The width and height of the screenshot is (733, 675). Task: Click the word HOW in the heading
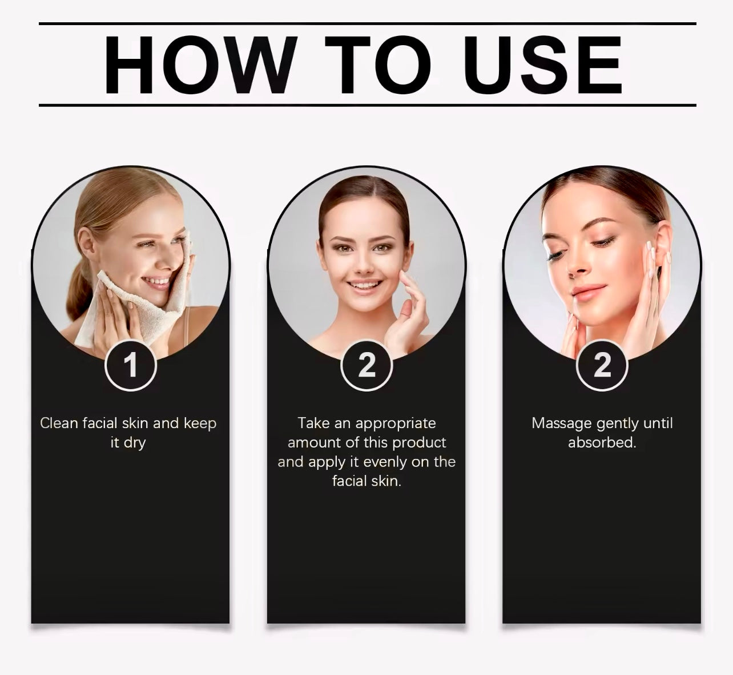[200, 65]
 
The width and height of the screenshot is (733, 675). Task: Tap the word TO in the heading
[379, 65]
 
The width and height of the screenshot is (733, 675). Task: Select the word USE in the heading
[542, 65]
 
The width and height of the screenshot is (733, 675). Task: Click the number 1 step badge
[131, 365]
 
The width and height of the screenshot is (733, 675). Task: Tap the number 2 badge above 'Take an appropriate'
[366, 365]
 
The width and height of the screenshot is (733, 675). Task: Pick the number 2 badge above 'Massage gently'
[602, 365]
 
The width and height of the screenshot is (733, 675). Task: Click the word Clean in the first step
[59, 423]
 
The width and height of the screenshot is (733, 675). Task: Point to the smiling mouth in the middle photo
[364, 285]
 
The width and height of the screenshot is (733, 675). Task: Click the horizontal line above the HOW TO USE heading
[367, 24]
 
